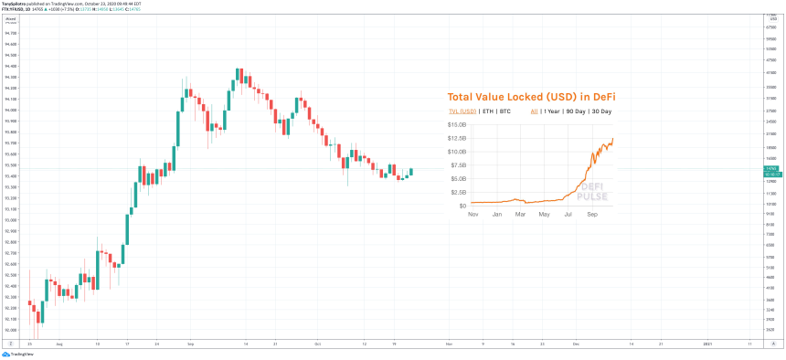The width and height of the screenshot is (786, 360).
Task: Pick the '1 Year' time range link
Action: pyautogui.click(x=553, y=111)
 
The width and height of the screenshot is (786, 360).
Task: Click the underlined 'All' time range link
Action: pyautogui.click(x=534, y=111)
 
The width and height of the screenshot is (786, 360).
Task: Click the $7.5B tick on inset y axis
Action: pyautogui.click(x=457, y=165)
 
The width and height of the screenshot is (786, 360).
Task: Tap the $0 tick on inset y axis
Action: pyautogui.click(x=462, y=206)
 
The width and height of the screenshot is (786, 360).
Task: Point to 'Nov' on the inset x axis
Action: pyautogui.click(x=473, y=214)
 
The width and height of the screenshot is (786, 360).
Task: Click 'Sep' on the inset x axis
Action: pyautogui.click(x=591, y=214)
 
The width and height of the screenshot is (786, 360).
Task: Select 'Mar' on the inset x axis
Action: pyautogui.click(x=520, y=214)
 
